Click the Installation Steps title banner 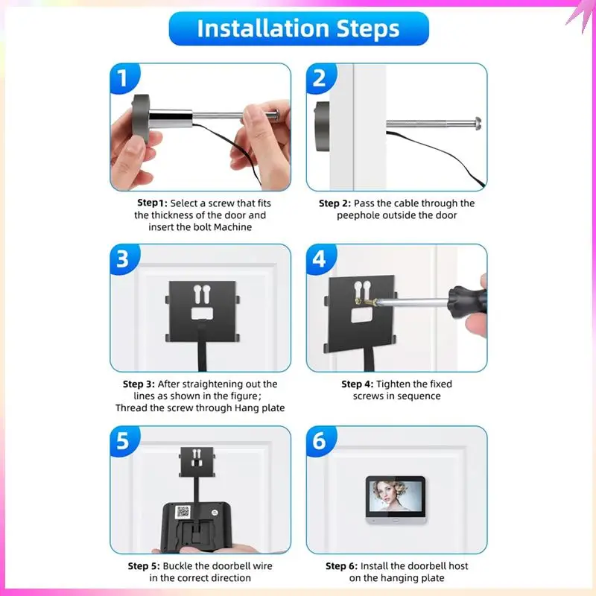coord(299,29)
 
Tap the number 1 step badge coord(124,78)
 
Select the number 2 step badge coord(320,78)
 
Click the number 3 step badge coord(124,259)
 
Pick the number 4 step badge coord(320,259)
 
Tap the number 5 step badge coord(124,441)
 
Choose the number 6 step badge coord(320,441)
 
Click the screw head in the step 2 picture coord(477,124)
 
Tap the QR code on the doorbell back coord(183,512)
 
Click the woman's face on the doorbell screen coord(384,494)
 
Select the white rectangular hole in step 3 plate coord(202,313)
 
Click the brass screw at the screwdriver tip coord(366,302)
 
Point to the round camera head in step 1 coord(141,118)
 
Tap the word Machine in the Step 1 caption coord(233,227)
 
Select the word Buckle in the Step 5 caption coord(177,566)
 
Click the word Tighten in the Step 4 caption coord(393,384)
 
